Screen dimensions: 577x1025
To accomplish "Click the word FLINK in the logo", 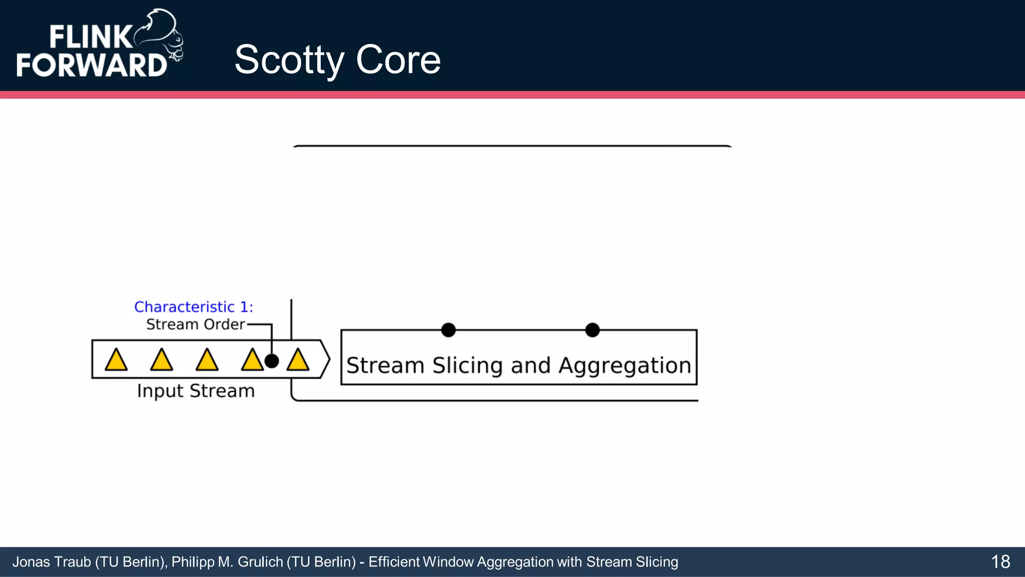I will pos(90,38).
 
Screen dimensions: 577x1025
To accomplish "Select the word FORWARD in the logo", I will pos(91,65).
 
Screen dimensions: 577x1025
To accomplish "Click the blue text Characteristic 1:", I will pos(194,307).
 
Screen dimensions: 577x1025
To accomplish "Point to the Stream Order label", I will pos(195,325).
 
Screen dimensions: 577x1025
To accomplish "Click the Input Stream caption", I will pos(196,391).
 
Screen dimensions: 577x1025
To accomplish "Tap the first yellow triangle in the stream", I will pos(116,360).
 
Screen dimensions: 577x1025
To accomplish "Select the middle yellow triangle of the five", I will pos(207,360).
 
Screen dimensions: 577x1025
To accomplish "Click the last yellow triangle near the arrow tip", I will pos(298,360).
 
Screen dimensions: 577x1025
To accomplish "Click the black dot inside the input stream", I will pos(271,361).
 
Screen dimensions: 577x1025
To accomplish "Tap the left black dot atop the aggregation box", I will pos(448,330).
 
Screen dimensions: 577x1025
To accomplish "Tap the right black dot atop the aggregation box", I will pos(592,330).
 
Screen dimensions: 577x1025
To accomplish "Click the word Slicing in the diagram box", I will pos(467,366).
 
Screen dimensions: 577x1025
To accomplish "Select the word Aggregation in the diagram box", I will pos(625,366).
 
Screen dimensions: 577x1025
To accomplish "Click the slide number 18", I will pos(1000,561).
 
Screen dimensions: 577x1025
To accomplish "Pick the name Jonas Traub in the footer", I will pos(51,562).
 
